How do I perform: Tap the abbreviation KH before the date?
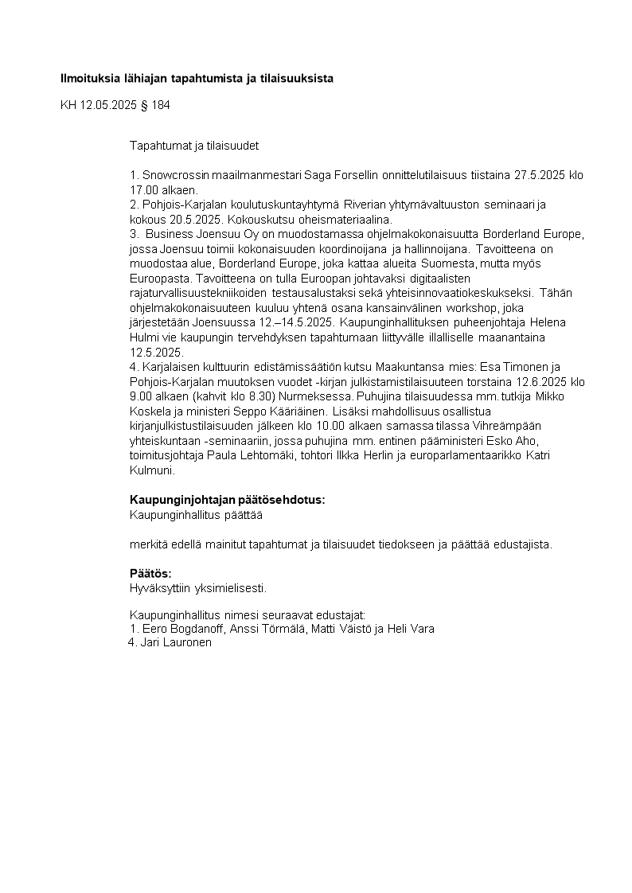coord(68,105)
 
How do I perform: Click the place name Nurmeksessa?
coord(318,396)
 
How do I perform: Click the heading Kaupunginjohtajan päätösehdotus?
coord(227,500)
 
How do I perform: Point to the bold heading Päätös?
coord(150,573)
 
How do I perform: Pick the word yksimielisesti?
coord(230,588)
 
